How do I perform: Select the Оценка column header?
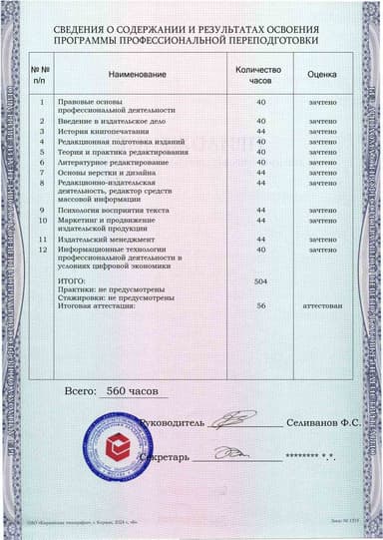click(321, 74)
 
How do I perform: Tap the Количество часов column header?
click(260, 75)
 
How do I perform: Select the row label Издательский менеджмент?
click(111, 240)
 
